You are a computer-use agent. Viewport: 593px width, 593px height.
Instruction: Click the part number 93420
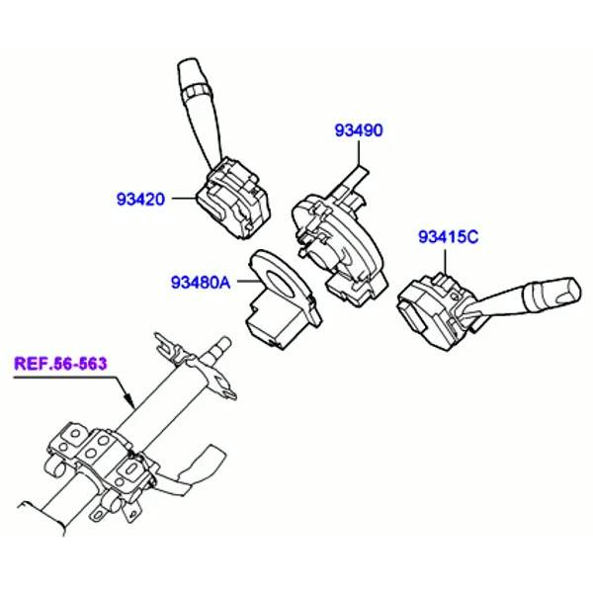pos(140,200)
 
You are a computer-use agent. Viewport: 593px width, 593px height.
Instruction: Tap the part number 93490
pos(359,130)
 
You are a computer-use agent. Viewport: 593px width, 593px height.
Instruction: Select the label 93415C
pos(448,237)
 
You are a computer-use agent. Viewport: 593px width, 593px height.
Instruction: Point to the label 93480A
pos(201,282)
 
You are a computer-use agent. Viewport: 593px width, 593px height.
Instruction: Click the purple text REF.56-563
pos(60,364)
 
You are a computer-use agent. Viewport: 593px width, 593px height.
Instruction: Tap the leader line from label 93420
pos(184,199)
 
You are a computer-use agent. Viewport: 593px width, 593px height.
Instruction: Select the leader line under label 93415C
pos(446,261)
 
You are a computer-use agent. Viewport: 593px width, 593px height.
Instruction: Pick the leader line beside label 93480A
pos(249,281)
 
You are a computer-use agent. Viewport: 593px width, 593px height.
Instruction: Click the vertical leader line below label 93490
pos(358,154)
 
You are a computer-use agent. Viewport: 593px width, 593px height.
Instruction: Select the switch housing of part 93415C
pos(435,310)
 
